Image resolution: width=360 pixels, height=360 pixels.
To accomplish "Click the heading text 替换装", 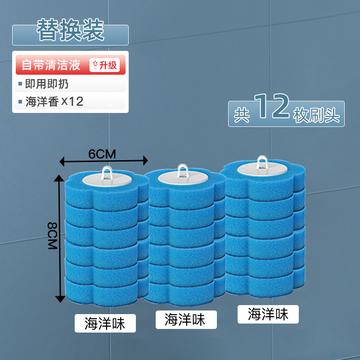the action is pos(70,30).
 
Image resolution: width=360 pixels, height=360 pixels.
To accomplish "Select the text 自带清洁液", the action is pos(51,65).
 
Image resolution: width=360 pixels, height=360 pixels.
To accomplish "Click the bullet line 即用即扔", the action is pos(47,84).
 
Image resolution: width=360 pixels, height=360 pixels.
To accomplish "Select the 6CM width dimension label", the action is pos(102,154).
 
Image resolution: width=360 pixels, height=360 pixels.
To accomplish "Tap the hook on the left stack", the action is pos(107,171).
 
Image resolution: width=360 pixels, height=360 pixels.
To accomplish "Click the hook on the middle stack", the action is pos(182,170).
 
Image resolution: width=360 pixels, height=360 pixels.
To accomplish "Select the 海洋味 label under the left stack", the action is pos(104,323).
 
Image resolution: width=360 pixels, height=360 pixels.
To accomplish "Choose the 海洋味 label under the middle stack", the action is pos(185,319).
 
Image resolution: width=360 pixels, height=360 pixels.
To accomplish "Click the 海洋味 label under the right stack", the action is pos(268,314).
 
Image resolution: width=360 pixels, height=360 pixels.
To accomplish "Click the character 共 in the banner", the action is pos(242,114).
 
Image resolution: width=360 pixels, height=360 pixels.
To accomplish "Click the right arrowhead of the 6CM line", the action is pos(145,160).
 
